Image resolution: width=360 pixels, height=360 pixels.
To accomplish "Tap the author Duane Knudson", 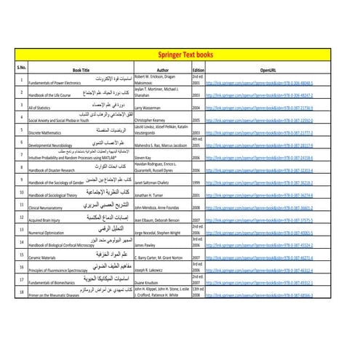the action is pyautogui.click(x=150, y=282).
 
